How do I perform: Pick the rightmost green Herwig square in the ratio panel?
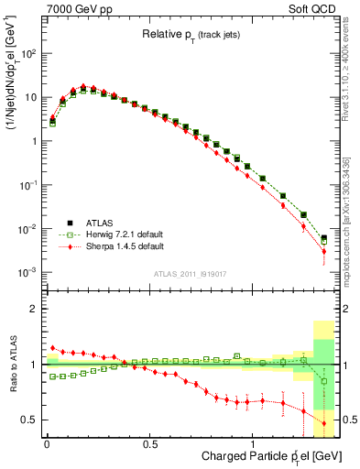(x=323, y=380)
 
